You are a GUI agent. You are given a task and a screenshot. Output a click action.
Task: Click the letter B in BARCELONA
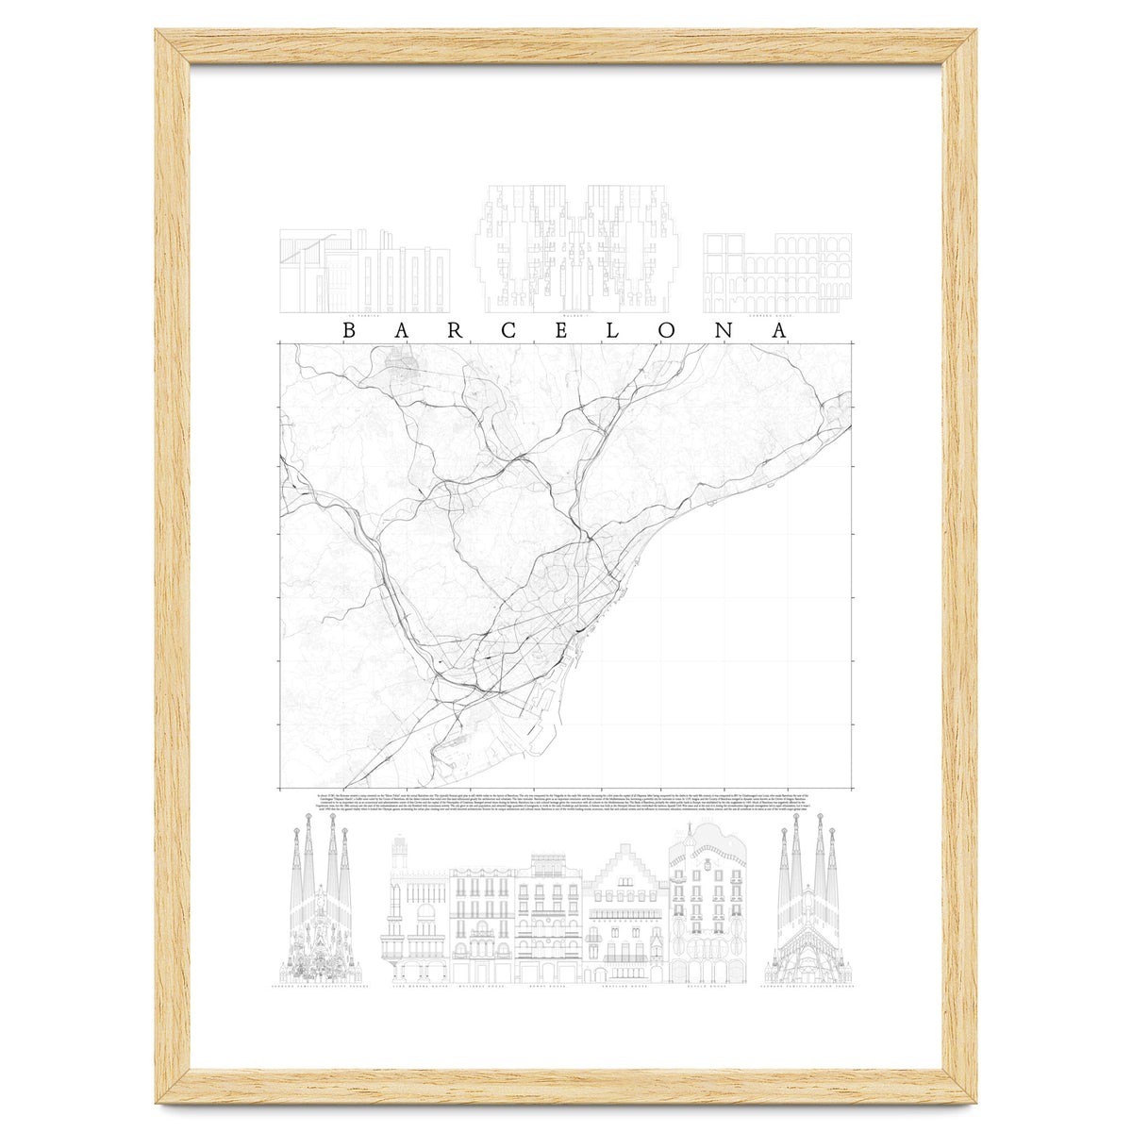pyautogui.click(x=348, y=331)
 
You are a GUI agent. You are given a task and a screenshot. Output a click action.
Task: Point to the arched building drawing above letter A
pyautogui.click(x=777, y=273)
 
